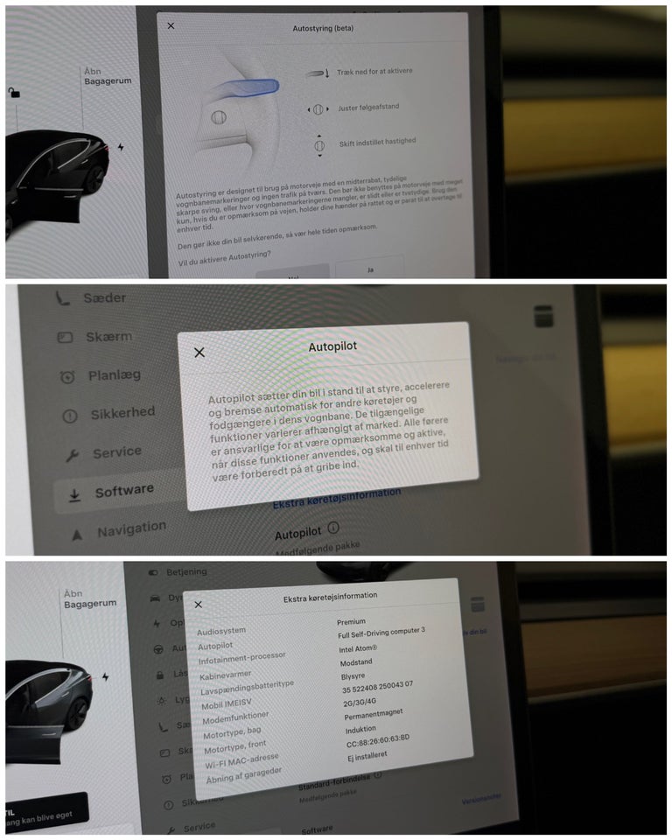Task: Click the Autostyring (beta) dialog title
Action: (x=322, y=28)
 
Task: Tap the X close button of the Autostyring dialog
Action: (x=171, y=25)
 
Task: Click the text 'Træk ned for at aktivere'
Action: (x=374, y=72)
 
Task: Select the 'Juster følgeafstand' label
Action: (x=368, y=108)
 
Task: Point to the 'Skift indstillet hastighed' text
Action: (x=377, y=141)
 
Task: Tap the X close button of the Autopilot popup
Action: (x=199, y=352)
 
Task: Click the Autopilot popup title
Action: (x=332, y=347)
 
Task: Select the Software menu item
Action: (x=123, y=492)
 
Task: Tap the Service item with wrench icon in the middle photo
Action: (x=116, y=452)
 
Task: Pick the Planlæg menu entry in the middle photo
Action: (x=114, y=375)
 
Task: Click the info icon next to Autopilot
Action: (x=333, y=529)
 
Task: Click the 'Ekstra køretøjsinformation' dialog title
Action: (x=331, y=596)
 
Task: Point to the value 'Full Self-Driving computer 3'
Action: (x=381, y=631)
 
